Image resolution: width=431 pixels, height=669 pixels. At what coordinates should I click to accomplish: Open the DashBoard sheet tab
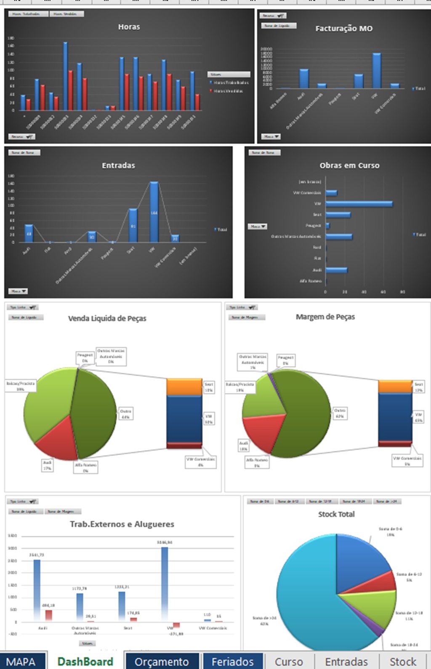point(85,661)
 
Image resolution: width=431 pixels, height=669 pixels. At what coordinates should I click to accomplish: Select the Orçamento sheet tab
point(162,661)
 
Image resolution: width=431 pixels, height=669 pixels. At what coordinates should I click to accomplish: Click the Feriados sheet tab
point(232,661)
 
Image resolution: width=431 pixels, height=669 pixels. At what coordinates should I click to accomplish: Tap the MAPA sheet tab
point(21,661)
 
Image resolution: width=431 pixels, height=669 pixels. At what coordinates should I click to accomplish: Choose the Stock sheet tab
point(402,661)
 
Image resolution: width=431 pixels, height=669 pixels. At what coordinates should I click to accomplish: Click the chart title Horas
point(129,27)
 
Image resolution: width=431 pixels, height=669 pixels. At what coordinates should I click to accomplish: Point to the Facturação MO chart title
point(344,29)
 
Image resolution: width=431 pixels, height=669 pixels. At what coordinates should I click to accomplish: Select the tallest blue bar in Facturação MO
point(376,71)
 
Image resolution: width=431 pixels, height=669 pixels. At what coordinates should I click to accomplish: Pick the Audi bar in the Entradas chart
point(29,233)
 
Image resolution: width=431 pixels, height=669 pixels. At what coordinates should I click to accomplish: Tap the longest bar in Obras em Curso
point(359,204)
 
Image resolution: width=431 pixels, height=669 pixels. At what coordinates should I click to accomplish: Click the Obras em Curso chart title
point(349,165)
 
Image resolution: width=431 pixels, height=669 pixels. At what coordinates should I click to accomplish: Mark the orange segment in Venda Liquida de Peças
point(184,386)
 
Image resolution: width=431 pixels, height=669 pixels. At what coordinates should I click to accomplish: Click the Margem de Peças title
point(325,317)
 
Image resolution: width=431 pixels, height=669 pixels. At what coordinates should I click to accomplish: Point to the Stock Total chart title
point(336,514)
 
